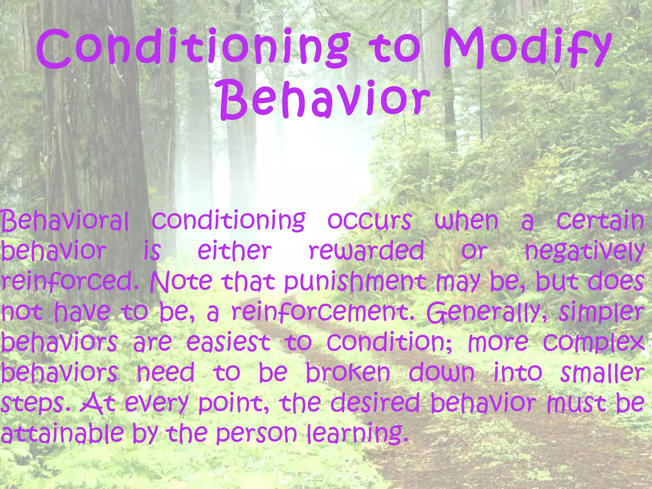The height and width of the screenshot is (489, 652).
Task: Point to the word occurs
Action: (x=369, y=220)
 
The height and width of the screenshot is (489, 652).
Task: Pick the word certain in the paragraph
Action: (x=600, y=220)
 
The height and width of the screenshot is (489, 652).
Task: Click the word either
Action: (x=234, y=251)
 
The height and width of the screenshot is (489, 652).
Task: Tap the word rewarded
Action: (x=366, y=251)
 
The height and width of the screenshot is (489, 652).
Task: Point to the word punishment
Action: (x=355, y=282)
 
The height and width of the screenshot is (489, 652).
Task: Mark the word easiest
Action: (x=228, y=342)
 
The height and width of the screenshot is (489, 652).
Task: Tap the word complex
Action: (x=594, y=343)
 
